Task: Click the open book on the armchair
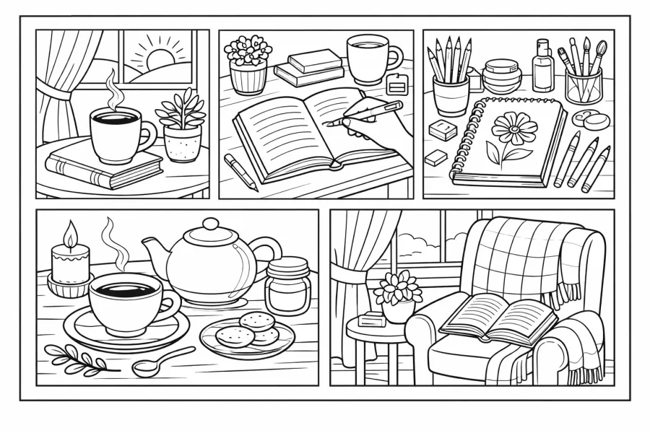tap(498, 318)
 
